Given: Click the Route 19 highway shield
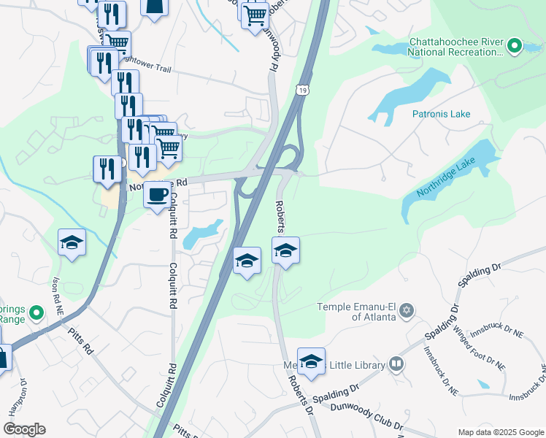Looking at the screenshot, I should click(x=302, y=90).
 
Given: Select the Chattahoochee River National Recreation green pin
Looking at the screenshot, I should click(x=514, y=47).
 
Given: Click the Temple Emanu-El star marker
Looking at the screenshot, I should click(x=407, y=312).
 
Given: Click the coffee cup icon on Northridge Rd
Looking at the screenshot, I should click(x=158, y=195).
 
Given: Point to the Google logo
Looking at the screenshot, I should click(x=24, y=429).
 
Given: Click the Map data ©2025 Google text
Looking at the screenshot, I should click(x=499, y=431).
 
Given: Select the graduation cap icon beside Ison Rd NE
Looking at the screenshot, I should click(x=72, y=242).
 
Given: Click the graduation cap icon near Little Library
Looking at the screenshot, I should click(x=311, y=361).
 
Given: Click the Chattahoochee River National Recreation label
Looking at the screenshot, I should click(x=455, y=47).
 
